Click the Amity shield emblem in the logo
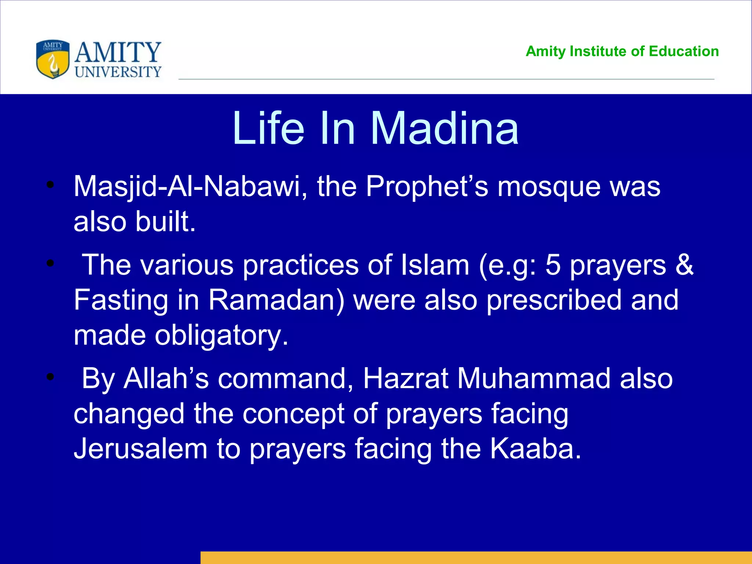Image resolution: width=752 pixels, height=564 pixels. tap(53, 59)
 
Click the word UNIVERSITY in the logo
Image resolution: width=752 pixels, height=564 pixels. tap(118, 72)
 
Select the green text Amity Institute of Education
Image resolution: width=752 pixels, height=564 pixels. tap(622, 51)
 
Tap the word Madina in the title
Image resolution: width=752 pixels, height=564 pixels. tap(445, 129)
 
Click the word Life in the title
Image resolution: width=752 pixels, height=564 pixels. tap(268, 129)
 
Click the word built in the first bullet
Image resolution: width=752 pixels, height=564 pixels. tap(165, 222)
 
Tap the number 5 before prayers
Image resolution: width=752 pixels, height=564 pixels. tap(553, 265)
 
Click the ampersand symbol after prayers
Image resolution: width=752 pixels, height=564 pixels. tap(684, 265)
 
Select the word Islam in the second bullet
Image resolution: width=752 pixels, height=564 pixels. tap(435, 265)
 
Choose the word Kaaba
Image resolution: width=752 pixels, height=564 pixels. tap(536, 449)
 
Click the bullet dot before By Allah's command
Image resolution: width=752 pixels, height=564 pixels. tap(50, 377)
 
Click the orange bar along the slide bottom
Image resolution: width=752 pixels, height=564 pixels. tap(476, 557)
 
